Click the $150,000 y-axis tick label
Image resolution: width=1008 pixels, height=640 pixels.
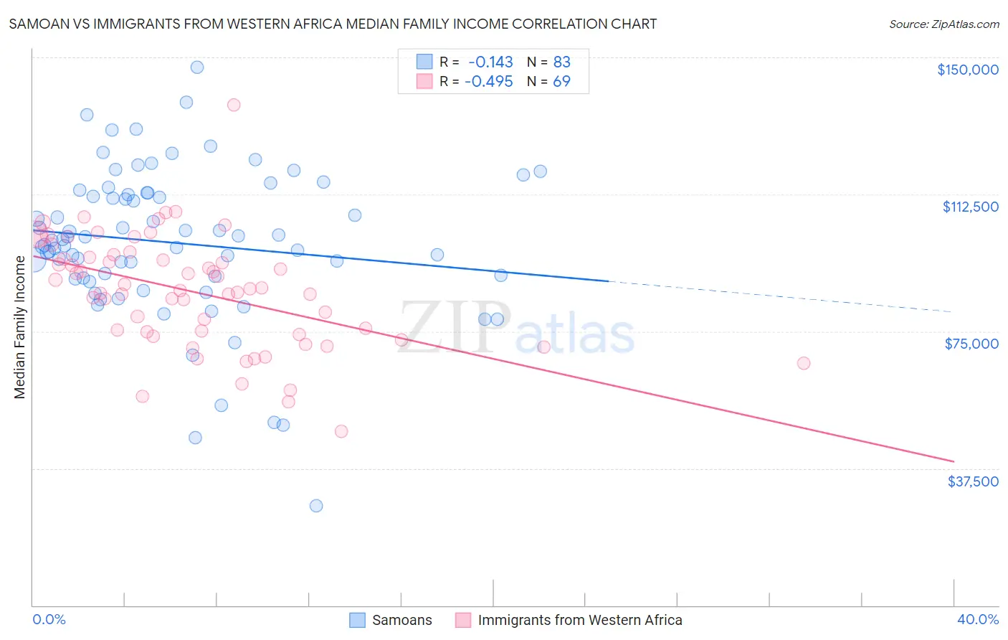[967, 70]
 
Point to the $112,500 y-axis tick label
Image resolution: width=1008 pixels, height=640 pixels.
[970, 207]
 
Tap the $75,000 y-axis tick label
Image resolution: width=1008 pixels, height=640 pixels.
[971, 344]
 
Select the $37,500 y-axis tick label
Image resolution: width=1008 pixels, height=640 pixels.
[973, 481]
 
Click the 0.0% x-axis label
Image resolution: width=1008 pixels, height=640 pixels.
[49, 619]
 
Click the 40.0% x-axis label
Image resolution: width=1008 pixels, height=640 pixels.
[977, 619]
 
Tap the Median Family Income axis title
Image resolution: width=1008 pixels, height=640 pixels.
[19, 326]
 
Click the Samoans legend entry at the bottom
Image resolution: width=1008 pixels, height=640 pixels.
[401, 620]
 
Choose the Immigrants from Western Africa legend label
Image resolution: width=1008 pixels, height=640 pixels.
[579, 620]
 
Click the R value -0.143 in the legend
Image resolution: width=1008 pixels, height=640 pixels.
[490, 62]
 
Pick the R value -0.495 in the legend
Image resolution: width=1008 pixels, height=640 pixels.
[489, 82]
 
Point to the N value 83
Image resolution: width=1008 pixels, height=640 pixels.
[561, 62]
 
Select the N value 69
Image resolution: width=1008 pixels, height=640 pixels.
[561, 82]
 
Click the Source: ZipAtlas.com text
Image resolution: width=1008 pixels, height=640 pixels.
[943, 24]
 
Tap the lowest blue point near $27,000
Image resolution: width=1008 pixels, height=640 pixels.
[315, 506]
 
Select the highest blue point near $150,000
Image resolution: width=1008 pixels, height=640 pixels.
[196, 67]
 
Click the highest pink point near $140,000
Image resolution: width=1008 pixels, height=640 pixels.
[233, 105]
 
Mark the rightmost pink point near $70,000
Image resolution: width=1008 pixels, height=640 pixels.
[803, 364]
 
